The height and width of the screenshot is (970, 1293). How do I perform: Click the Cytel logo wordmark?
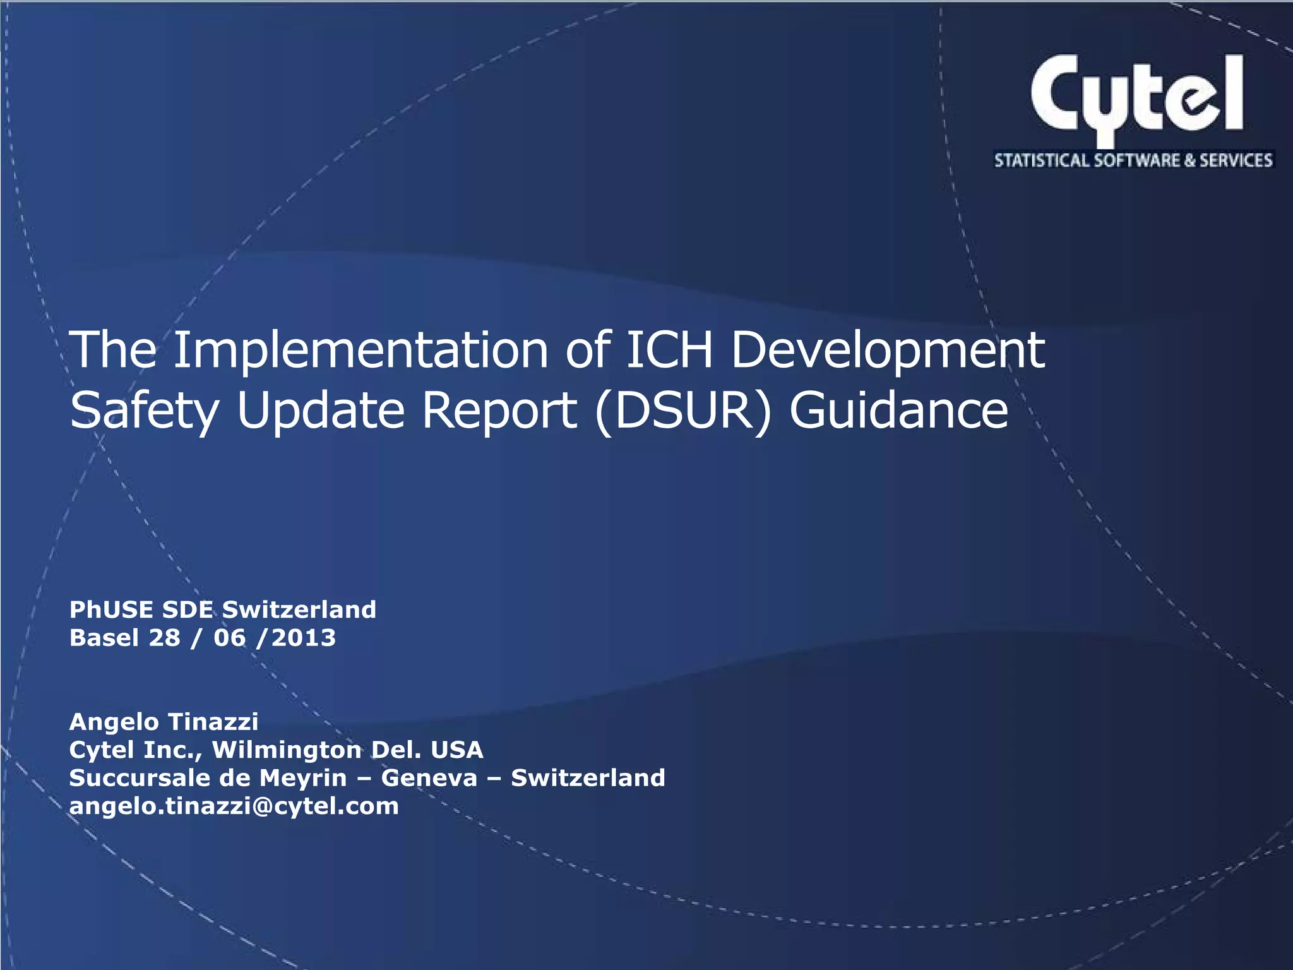tap(1136, 95)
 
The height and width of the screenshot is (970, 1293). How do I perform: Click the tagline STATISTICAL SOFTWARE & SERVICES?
tap(1133, 160)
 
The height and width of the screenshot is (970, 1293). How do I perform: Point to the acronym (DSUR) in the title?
tap(683, 410)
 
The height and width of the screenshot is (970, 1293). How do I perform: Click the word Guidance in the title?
tap(898, 410)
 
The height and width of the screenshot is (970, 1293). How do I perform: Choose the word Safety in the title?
tap(144, 410)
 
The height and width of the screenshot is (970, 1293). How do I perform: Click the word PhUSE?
tap(111, 609)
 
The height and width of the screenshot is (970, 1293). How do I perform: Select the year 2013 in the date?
tap(304, 638)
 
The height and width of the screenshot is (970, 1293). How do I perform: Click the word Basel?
tap(104, 638)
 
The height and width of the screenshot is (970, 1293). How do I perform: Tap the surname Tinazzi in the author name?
tap(213, 721)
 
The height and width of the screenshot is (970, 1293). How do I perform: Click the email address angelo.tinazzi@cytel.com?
tap(234, 806)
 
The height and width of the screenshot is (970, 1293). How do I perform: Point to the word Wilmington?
tap(287, 750)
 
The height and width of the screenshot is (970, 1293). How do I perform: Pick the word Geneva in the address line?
tap(429, 777)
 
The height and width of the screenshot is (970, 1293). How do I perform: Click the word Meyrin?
tap(303, 777)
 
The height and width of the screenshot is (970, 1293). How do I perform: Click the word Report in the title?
tap(499, 410)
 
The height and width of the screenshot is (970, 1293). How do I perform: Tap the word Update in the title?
tap(320, 410)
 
